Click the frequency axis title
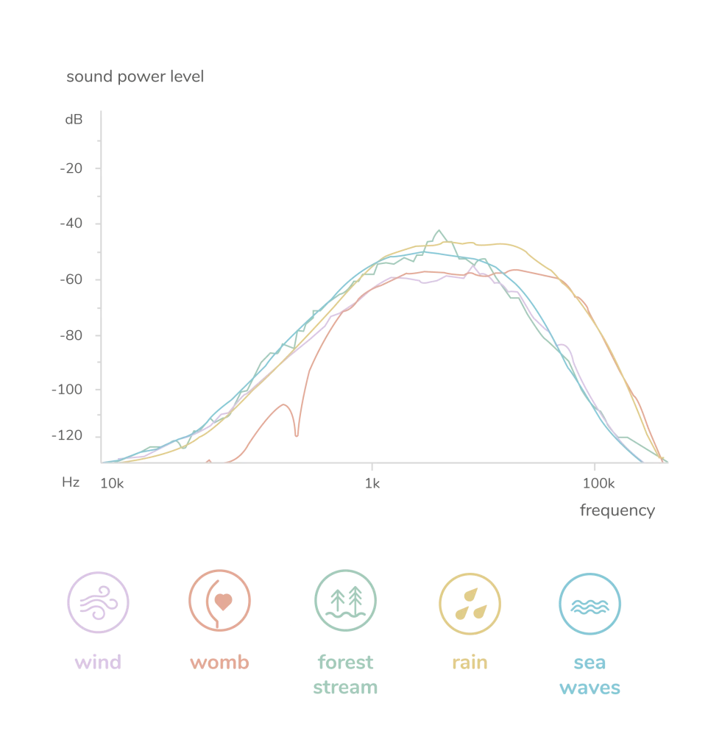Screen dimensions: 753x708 coord(615,511)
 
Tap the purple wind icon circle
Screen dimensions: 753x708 coord(97,603)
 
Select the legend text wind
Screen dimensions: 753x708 coord(97,662)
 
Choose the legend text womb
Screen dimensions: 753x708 coord(221,662)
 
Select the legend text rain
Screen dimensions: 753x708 coord(468,662)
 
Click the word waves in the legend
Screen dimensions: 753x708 coord(590,688)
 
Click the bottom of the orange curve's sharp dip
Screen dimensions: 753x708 coord(297,439)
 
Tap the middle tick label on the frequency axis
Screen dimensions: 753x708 coord(375,483)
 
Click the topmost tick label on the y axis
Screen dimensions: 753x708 coord(74,121)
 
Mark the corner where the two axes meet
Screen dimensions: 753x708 coord(103,462)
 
